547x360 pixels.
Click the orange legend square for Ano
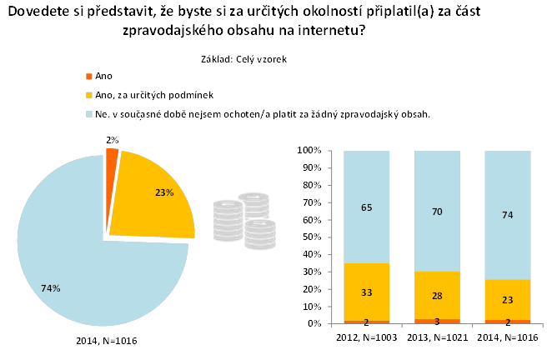tap(90, 76)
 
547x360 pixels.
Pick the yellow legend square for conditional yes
tap(90, 94)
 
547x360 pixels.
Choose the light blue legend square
tap(90, 113)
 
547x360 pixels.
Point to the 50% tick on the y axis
tap(314, 237)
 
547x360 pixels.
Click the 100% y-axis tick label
tap(309, 150)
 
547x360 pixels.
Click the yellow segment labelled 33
tap(367, 292)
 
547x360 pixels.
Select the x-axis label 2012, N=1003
tap(367, 337)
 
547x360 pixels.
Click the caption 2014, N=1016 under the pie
tap(107, 341)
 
